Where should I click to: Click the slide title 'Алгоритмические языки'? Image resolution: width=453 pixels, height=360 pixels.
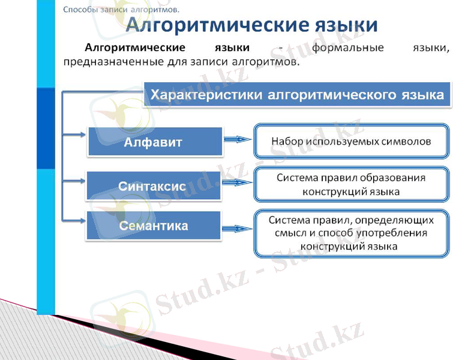tap(252, 25)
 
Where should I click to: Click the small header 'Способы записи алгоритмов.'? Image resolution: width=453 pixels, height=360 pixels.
tap(121, 9)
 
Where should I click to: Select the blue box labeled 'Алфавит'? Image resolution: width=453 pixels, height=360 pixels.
tap(154, 142)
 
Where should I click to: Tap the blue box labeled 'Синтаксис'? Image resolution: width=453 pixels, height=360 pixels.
tap(153, 186)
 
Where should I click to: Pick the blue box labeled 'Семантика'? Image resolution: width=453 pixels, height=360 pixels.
tap(154, 226)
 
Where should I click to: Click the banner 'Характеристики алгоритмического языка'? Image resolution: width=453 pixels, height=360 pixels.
tap(297, 95)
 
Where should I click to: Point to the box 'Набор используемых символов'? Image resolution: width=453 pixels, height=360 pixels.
tap(351, 142)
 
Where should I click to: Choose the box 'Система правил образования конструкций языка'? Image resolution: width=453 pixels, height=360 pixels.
tap(351, 185)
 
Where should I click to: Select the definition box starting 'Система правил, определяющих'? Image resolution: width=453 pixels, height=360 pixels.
tap(351, 233)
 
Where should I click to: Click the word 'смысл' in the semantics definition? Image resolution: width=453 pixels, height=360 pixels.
tap(284, 233)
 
